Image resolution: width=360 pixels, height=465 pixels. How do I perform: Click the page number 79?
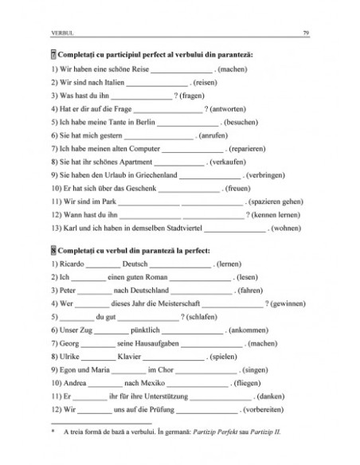pyautogui.click(x=307, y=33)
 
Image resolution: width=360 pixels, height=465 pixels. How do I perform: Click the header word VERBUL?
pyautogui.click(x=64, y=33)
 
